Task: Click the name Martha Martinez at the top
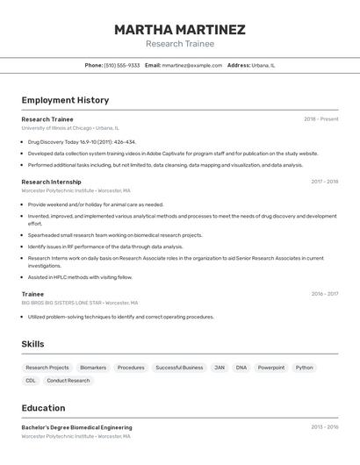pos(180,30)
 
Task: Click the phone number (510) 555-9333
pos(122,65)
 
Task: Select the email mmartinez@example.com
pos(192,65)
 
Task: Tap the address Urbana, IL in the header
pos(263,65)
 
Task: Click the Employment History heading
pos(65,100)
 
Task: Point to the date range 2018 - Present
pos(320,118)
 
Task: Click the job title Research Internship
pos(51,182)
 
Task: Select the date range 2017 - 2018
pos(324,182)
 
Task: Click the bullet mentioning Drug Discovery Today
pos(82,141)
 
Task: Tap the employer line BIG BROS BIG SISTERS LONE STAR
pos(61,303)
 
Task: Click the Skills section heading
pos(32,344)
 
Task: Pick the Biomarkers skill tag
pos(93,368)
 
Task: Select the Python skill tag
pos(304,368)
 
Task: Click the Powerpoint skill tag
pos(271,368)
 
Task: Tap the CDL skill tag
pos(31,381)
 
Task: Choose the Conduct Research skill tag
pos(68,381)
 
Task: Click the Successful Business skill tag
pos(179,368)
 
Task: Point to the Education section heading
pos(43,408)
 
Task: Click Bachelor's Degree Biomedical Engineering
pos(76,427)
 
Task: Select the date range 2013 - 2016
pos(324,427)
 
